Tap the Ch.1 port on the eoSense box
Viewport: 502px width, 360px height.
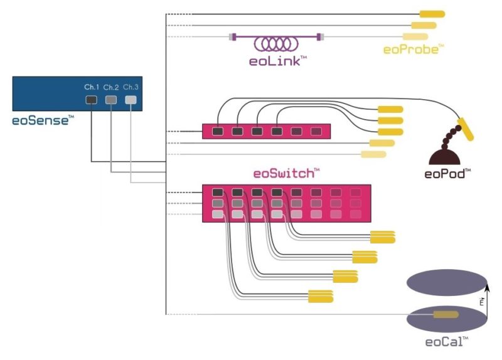(x=92, y=100)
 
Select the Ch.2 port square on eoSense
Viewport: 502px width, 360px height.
(x=111, y=100)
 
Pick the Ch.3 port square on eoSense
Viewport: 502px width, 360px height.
(x=131, y=100)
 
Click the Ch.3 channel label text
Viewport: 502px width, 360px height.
(x=131, y=87)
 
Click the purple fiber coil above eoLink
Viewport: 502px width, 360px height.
(x=276, y=43)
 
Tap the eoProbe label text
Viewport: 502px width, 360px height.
(x=414, y=48)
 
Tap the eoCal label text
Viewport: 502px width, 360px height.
(x=446, y=342)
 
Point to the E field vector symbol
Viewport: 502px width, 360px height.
(x=481, y=302)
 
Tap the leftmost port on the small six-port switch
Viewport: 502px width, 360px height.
(x=218, y=132)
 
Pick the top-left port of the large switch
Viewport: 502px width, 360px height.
(x=218, y=193)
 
